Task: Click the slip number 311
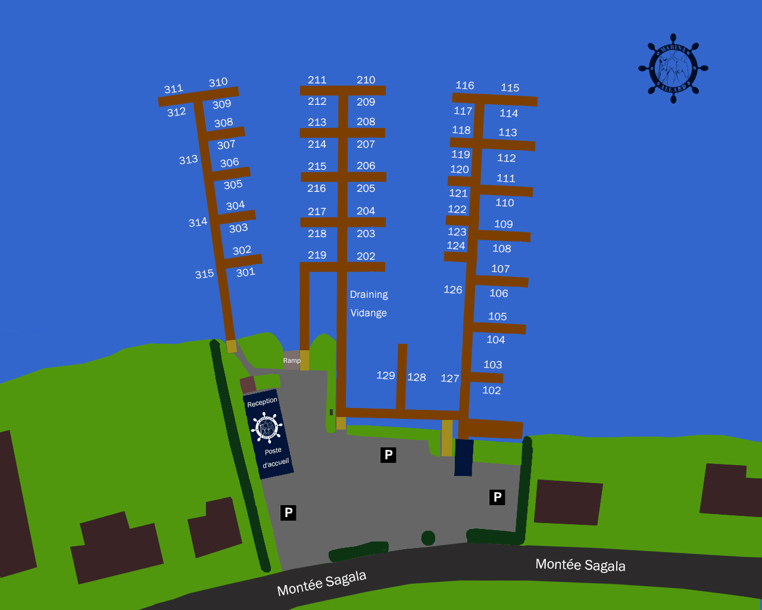[x=173, y=89]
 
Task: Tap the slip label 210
[x=366, y=80]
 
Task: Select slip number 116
[x=464, y=86]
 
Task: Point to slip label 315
[x=204, y=274]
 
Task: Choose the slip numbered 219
[x=317, y=255]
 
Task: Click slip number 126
[x=452, y=290]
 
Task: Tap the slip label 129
[x=385, y=375]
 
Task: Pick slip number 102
[x=491, y=390]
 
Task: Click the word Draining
[x=368, y=294]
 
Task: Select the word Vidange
[x=368, y=313]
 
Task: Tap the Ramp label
[x=292, y=360]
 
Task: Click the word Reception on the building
[x=262, y=403]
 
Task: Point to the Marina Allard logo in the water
[x=673, y=68]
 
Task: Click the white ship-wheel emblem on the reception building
[x=266, y=427]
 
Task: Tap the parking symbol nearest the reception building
[x=288, y=512]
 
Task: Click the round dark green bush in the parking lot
[x=428, y=538]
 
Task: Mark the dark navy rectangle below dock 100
[x=464, y=457]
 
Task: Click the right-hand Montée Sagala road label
[x=580, y=565]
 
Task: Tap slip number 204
[x=366, y=211]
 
